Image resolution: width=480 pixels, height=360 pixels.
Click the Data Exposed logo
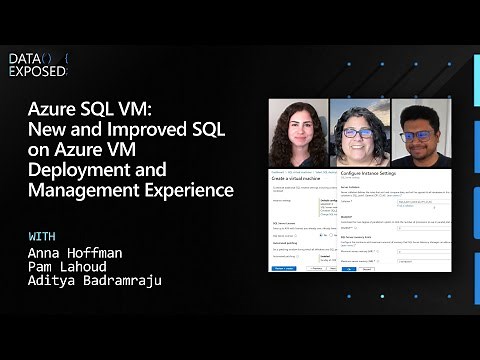[x=38, y=65]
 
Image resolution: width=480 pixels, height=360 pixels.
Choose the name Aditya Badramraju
[x=96, y=281]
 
